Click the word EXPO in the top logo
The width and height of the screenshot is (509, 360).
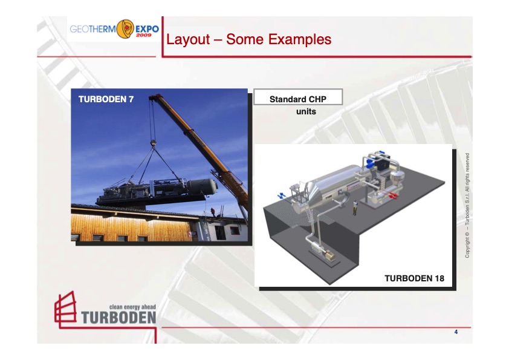pyautogui.click(x=147, y=28)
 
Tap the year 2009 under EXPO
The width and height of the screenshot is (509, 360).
pyautogui.click(x=144, y=35)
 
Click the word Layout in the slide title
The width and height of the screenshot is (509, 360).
pyautogui.click(x=188, y=39)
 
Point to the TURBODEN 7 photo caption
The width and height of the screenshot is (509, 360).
pyautogui.click(x=106, y=99)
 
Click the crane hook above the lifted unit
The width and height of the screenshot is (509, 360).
pyautogui.click(x=153, y=142)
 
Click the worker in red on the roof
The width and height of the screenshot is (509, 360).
pyautogui.click(x=213, y=212)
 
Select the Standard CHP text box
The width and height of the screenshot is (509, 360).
pyautogui.click(x=297, y=97)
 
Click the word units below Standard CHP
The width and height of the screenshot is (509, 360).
pyautogui.click(x=306, y=111)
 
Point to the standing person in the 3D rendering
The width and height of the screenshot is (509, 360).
pyautogui.click(x=355, y=207)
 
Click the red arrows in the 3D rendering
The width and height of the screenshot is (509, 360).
pyautogui.click(x=393, y=195)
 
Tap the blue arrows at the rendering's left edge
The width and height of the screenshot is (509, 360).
pyautogui.click(x=281, y=195)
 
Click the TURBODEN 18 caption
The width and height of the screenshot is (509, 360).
pyautogui.click(x=414, y=278)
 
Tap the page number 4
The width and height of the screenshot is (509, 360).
pyautogui.click(x=456, y=332)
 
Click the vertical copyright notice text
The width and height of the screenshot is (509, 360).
pyautogui.click(x=467, y=205)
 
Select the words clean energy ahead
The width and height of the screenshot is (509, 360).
pyautogui.click(x=132, y=307)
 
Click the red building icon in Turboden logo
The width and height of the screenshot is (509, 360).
pyautogui.click(x=65, y=309)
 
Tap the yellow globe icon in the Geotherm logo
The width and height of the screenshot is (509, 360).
pyautogui.click(x=125, y=28)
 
